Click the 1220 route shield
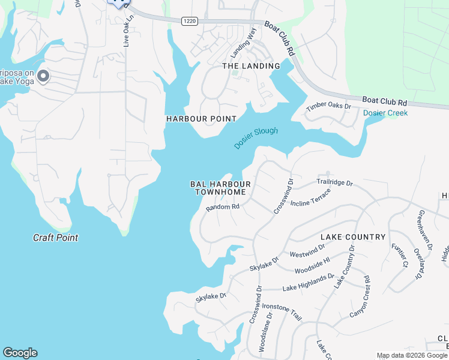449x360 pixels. tap(190, 20)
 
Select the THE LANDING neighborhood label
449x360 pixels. tap(251, 66)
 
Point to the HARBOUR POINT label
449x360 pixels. tap(201, 119)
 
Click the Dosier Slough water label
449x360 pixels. tap(256, 138)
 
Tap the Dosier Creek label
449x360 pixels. tap(385, 113)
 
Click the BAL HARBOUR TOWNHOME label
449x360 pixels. tap(220, 188)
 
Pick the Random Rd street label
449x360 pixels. tap(223, 207)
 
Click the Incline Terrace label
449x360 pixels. tap(310, 200)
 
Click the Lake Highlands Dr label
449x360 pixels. tap(308, 283)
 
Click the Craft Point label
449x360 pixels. tap(55, 238)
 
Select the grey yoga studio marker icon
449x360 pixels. tap(43, 76)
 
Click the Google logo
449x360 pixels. tap(20, 353)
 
